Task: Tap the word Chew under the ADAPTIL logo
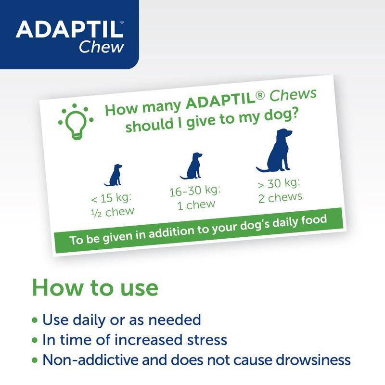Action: tap(102, 48)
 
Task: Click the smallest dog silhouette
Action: tap(114, 175)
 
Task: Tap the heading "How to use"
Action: tap(95, 287)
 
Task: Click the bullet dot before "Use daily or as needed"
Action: tap(34, 320)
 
